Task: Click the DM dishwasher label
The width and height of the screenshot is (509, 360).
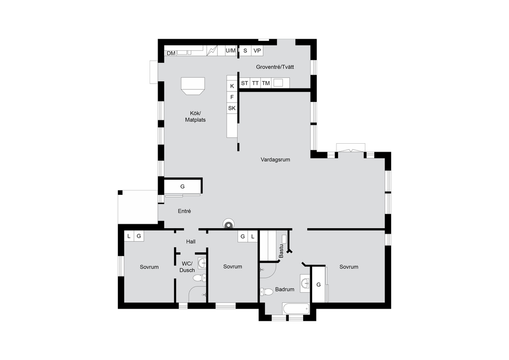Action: (171, 53)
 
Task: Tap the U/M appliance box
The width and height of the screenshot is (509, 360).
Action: (231, 51)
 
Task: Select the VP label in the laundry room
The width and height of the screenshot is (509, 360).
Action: (257, 51)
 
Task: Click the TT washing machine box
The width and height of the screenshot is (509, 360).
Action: (255, 83)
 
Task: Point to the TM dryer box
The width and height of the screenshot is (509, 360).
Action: (266, 83)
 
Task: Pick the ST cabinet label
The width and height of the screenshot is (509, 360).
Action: (245, 83)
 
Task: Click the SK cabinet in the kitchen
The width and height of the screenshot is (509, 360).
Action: (232, 108)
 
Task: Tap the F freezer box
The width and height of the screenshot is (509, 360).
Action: (232, 97)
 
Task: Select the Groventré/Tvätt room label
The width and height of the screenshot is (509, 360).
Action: (275, 67)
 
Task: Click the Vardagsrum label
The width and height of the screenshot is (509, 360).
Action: (275, 160)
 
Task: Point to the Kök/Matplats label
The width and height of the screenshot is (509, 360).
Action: (195, 116)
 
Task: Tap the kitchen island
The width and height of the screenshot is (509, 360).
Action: (193, 86)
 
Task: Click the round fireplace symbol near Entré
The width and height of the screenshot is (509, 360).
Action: (229, 224)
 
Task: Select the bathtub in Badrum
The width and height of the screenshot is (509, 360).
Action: (296, 309)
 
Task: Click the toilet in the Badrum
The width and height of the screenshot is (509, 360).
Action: (266, 291)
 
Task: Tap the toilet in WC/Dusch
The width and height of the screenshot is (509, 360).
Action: (200, 278)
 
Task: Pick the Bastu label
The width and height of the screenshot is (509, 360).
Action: (281, 251)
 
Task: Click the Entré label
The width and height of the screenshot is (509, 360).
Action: (184, 211)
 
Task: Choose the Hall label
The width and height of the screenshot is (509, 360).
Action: (191, 242)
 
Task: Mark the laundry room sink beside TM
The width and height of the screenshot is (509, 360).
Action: (278, 83)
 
